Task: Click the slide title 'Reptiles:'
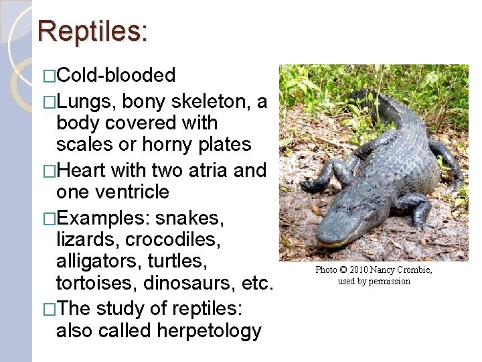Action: pyautogui.click(x=93, y=31)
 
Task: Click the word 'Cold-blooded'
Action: pyautogui.click(x=116, y=75)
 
